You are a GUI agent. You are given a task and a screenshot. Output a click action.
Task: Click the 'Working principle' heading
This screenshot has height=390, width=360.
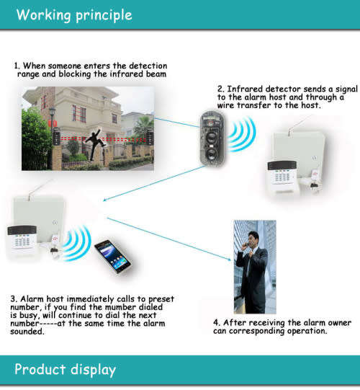point(74,14)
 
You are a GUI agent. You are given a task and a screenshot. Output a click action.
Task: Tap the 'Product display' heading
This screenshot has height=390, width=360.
point(66,370)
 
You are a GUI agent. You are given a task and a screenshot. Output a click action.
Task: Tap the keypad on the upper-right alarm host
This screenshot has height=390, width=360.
point(283,172)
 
